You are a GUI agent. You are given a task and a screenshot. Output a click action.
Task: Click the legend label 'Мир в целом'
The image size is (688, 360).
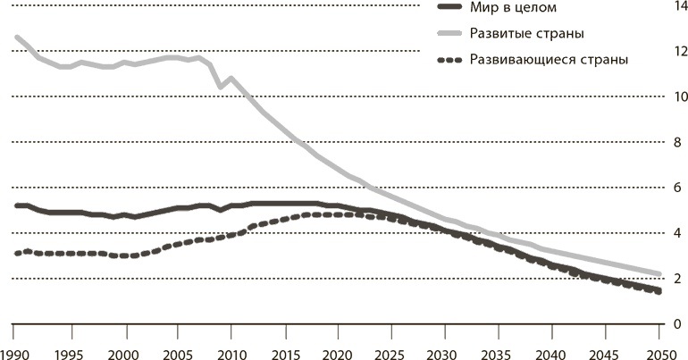pos(506,8)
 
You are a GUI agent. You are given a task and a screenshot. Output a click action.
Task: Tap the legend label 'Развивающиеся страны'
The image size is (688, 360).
pos(541,60)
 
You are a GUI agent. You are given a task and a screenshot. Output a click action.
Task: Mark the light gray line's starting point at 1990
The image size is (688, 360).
pos(17,38)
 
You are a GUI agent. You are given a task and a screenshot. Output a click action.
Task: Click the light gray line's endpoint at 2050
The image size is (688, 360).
pos(659,273)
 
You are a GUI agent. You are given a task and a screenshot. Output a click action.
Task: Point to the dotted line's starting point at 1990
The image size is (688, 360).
pos(17,254)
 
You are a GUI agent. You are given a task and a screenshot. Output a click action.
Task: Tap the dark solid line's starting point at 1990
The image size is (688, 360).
pos(17,205)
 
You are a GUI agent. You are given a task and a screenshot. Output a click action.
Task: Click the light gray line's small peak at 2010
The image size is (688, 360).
pos(232,79)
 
